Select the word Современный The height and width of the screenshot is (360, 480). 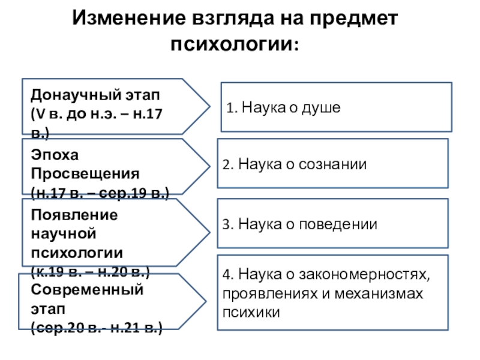87,289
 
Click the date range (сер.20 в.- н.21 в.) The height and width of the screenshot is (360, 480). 97,329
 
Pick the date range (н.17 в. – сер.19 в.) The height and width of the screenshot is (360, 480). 100,193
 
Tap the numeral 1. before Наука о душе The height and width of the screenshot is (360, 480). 232,109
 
